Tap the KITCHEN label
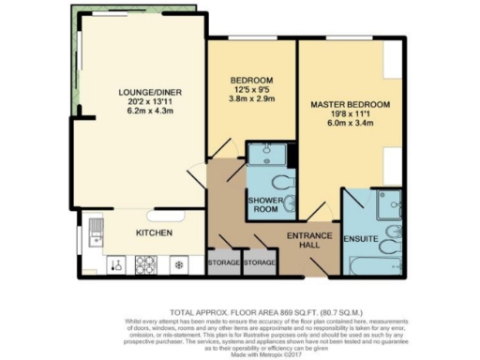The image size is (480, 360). [x=154, y=232]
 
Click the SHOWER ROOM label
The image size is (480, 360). [x=267, y=205]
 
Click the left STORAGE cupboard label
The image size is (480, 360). [x=224, y=263]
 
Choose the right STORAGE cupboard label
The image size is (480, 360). [x=260, y=263]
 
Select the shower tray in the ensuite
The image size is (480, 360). [x=388, y=203]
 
